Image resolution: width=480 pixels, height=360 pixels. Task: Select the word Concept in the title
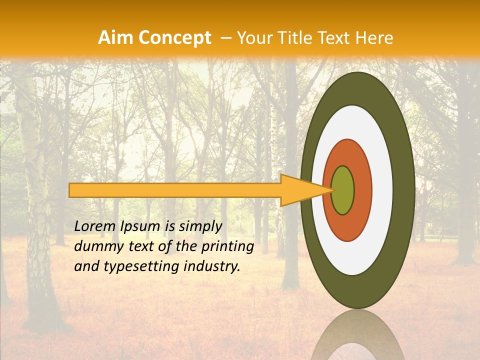[175, 38]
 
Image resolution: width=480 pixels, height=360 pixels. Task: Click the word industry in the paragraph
[211, 266]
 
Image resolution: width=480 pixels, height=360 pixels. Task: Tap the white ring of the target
[382, 190]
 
